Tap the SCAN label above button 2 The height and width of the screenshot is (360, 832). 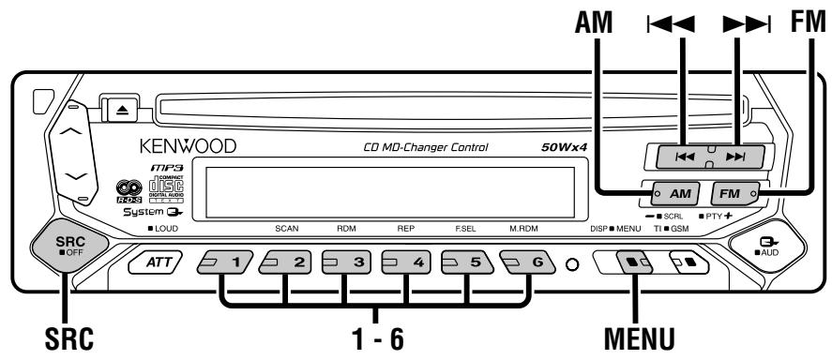[x=286, y=228]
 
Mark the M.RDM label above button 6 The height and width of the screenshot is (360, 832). [x=522, y=228]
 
